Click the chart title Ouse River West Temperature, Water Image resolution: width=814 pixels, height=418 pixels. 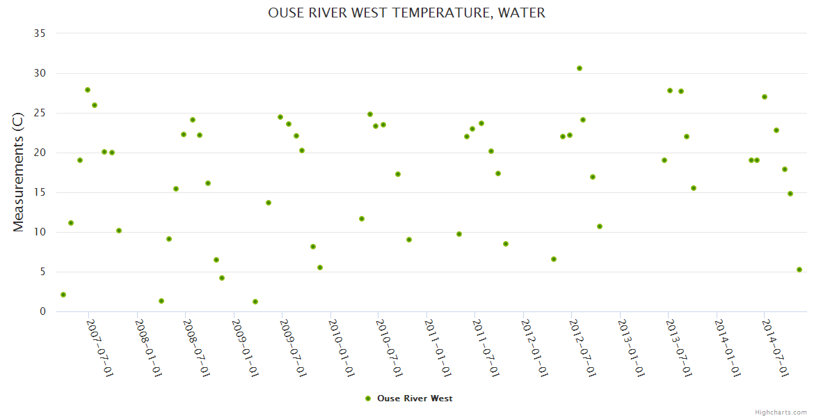tap(407, 13)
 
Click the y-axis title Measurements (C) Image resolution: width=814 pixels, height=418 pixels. tap(19, 172)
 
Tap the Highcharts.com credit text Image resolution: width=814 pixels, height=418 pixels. tap(781, 412)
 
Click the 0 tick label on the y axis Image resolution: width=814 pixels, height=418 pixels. tap(42, 311)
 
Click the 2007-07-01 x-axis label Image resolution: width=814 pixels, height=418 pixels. tap(100, 348)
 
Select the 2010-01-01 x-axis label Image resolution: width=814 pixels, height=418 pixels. tap(342, 348)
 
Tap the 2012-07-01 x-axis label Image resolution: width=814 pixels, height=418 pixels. tap(583, 348)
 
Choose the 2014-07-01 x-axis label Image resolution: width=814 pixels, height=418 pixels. tap(776, 348)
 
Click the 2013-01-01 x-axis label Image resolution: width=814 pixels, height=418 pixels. tap(631, 348)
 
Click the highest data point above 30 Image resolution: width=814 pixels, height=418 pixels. tap(580, 68)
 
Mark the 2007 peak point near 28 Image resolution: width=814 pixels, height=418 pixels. tap(88, 90)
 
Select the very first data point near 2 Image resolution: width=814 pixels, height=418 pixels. tap(63, 295)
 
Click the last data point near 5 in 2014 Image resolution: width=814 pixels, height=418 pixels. tap(799, 270)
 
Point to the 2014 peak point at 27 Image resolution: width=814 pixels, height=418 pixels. tap(765, 97)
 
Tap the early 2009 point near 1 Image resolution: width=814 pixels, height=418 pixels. tap(255, 302)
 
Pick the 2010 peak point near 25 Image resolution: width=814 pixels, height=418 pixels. tap(370, 114)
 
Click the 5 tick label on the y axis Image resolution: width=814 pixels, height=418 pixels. tap(42, 272)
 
